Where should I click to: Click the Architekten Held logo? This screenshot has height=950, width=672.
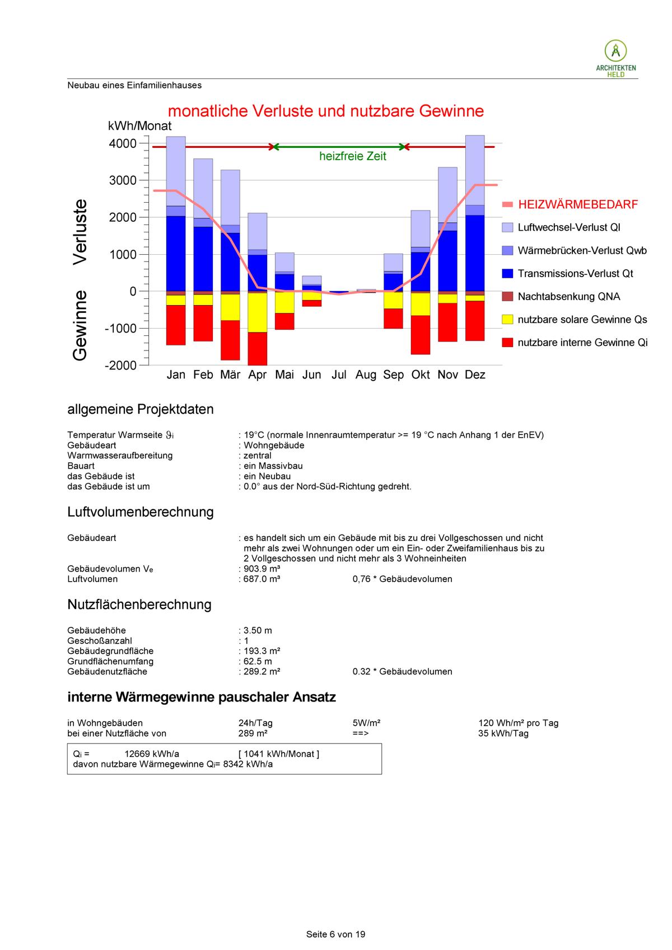click(615, 58)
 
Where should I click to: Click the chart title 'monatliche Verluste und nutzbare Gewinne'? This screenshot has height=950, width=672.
click(325, 111)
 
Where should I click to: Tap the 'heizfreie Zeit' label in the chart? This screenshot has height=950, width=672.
click(352, 157)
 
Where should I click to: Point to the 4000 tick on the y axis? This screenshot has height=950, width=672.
click(123, 143)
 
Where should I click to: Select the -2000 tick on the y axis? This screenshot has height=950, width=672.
click(120, 365)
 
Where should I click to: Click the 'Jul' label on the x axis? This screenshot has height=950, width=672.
click(339, 375)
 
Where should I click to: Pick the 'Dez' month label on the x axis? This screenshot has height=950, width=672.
click(475, 375)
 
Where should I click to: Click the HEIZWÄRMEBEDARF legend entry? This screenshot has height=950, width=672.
click(577, 204)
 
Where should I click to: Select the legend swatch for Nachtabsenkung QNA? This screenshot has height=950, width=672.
click(507, 296)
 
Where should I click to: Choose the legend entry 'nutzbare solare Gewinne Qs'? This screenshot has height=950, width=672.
click(582, 320)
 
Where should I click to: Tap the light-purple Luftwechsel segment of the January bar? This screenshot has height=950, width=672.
click(176, 171)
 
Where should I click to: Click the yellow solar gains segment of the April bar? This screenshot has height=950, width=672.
click(258, 312)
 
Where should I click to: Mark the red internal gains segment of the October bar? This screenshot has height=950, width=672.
click(421, 335)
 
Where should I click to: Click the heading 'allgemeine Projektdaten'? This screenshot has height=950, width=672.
click(140, 409)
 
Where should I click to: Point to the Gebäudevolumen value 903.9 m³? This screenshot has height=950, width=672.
click(262, 569)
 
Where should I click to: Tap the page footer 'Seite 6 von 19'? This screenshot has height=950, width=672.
click(335, 934)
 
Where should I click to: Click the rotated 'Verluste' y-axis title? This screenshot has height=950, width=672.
click(80, 231)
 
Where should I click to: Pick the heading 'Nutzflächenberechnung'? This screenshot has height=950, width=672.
click(139, 605)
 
